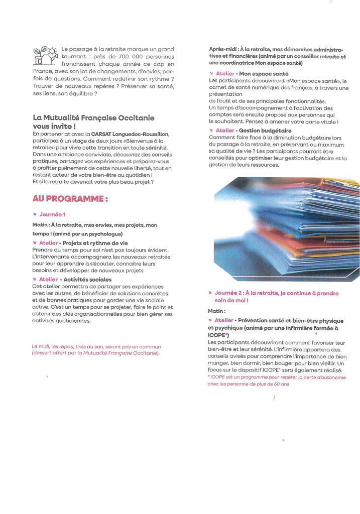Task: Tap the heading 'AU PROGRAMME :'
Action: (71, 199)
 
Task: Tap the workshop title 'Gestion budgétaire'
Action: (264, 131)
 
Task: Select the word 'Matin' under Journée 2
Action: (216, 311)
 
